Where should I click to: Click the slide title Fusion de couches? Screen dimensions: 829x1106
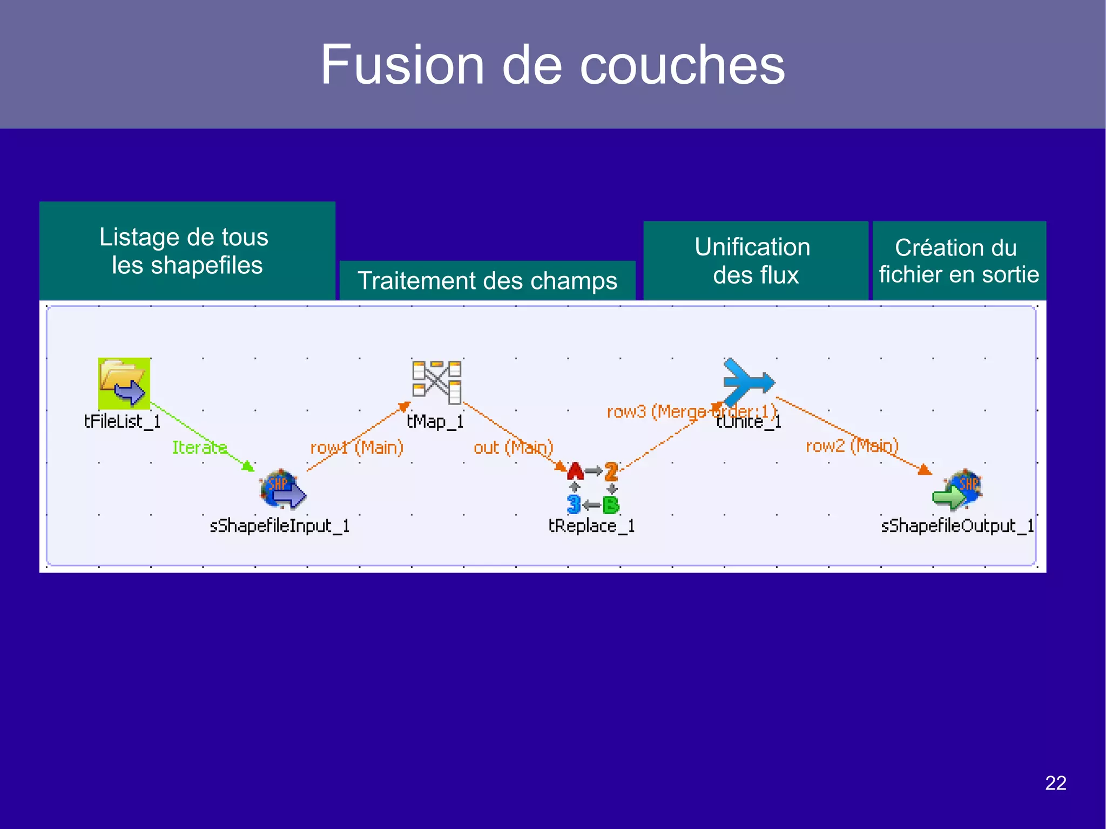pos(552,65)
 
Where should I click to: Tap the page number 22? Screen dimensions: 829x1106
pos(1055,783)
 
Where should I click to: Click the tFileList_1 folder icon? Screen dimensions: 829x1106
pos(124,383)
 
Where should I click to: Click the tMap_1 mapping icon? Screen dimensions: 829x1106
pos(437,382)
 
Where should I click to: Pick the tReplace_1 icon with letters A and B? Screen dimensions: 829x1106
pos(592,488)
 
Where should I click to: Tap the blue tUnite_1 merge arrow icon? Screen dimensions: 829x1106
pos(748,381)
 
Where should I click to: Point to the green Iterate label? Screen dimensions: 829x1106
pos(199,447)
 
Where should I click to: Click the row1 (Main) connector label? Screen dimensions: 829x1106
pos(356,448)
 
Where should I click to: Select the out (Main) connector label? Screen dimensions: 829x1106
pos(513,448)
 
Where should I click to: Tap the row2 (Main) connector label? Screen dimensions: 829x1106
pos(852,446)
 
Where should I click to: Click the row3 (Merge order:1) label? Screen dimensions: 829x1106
pos(691,412)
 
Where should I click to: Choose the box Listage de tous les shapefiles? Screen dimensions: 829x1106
pos(187,251)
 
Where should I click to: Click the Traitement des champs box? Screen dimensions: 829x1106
pos(487,281)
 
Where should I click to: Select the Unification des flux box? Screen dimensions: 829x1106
pos(755,261)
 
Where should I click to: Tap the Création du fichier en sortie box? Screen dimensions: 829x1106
pos(959,261)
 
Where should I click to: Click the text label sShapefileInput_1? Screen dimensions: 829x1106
pos(279,525)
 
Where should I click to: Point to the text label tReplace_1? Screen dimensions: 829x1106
pos(591,525)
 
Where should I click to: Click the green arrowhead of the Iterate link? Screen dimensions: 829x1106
pos(248,466)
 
